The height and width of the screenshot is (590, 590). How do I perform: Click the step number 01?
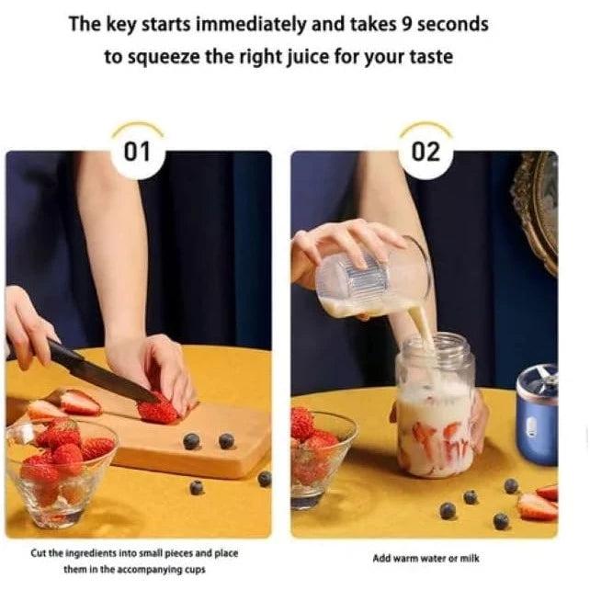pyautogui.click(x=137, y=152)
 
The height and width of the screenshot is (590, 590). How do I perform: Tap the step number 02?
pyautogui.click(x=425, y=152)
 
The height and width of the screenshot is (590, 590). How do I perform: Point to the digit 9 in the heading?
pyautogui.click(x=406, y=24)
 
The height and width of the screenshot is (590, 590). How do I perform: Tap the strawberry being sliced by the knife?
pyautogui.click(x=158, y=409)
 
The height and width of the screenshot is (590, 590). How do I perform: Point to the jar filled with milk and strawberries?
pyautogui.click(x=436, y=405)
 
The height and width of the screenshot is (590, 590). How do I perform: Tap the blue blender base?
pyautogui.click(x=537, y=415)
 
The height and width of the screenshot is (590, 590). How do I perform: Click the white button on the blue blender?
pyautogui.click(x=531, y=427)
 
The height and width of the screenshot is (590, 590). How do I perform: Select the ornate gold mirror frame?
pyautogui.click(x=536, y=210)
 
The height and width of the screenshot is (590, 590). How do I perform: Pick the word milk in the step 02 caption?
pyautogui.click(x=470, y=559)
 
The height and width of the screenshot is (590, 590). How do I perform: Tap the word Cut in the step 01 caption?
pyautogui.click(x=39, y=553)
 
